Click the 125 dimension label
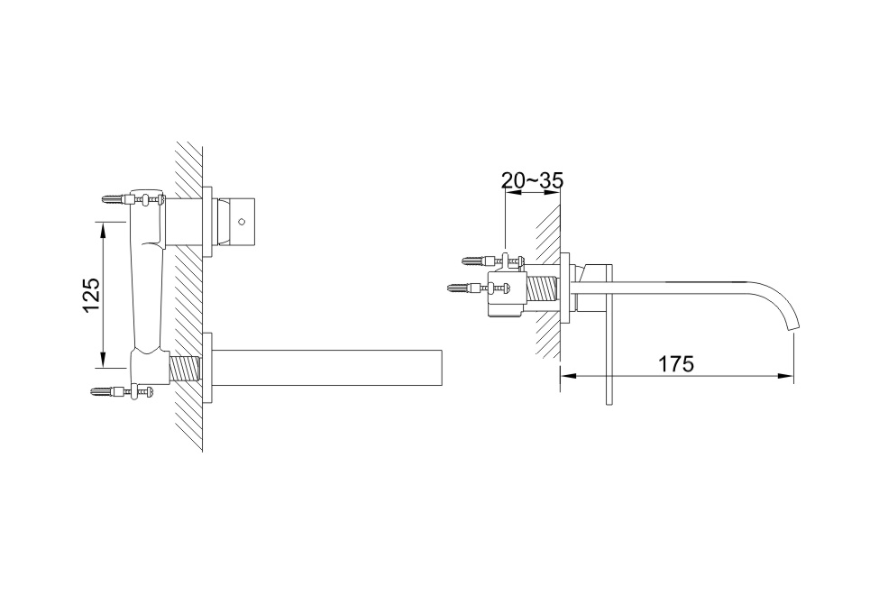pos(92,295)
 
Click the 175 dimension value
pos(675,364)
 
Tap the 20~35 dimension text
pos(532,180)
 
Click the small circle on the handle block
pos(242,222)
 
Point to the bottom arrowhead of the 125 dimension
pos(103,362)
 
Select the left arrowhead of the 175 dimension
pos(568,376)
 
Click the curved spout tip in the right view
pos(795,326)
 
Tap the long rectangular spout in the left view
pos(327,368)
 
